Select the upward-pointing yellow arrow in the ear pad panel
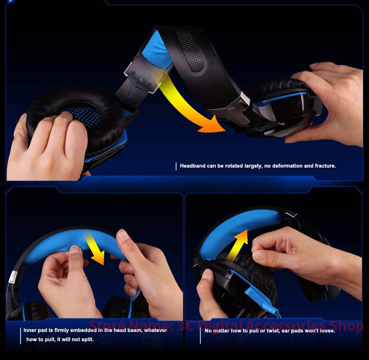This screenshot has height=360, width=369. (238, 245)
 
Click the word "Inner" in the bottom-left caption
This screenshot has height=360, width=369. (29, 330)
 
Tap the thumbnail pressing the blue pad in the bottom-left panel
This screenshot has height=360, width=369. (75, 249)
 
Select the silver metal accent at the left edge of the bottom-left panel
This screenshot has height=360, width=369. (13, 277)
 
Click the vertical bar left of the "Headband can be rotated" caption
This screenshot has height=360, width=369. (176, 166)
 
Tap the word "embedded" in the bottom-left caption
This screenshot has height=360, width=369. (83, 330)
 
